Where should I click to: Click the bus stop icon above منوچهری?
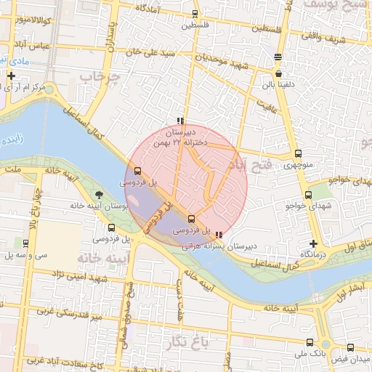click(x=298, y=153)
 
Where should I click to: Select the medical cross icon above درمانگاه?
click(x=313, y=243)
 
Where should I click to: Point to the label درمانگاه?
click(x=312, y=254)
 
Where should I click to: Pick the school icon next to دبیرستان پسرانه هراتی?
click(x=219, y=235)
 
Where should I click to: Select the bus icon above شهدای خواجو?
click(x=308, y=195)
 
